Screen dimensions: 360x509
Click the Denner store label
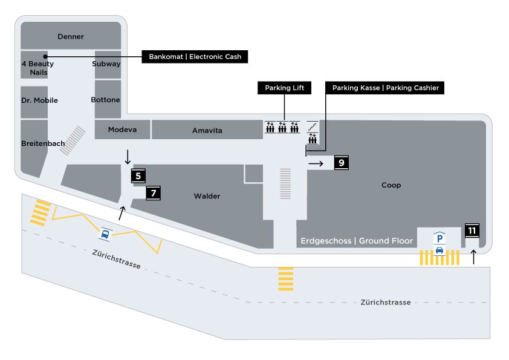click(71, 37)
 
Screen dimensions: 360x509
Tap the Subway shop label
click(106, 64)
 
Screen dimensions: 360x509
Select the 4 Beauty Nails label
click(37, 68)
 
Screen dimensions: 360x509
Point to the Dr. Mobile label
click(40, 100)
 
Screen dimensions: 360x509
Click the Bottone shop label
click(106, 100)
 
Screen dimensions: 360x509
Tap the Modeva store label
click(122, 129)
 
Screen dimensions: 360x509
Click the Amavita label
click(207, 130)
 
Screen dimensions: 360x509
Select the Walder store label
click(207, 196)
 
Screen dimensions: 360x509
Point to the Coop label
click(391, 185)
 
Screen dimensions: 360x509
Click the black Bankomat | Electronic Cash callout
click(195, 57)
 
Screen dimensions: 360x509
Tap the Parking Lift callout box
click(284, 88)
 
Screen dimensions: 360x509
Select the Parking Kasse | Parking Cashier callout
click(386, 88)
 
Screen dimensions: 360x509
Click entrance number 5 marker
click(138, 177)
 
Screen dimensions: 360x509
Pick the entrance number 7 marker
click(154, 193)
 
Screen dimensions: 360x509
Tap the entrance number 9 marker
click(342, 163)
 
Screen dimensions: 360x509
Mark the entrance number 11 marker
click(472, 231)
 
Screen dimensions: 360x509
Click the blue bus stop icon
click(105, 234)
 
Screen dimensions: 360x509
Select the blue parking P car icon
click(439, 244)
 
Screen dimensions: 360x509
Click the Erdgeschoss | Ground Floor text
click(357, 241)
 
